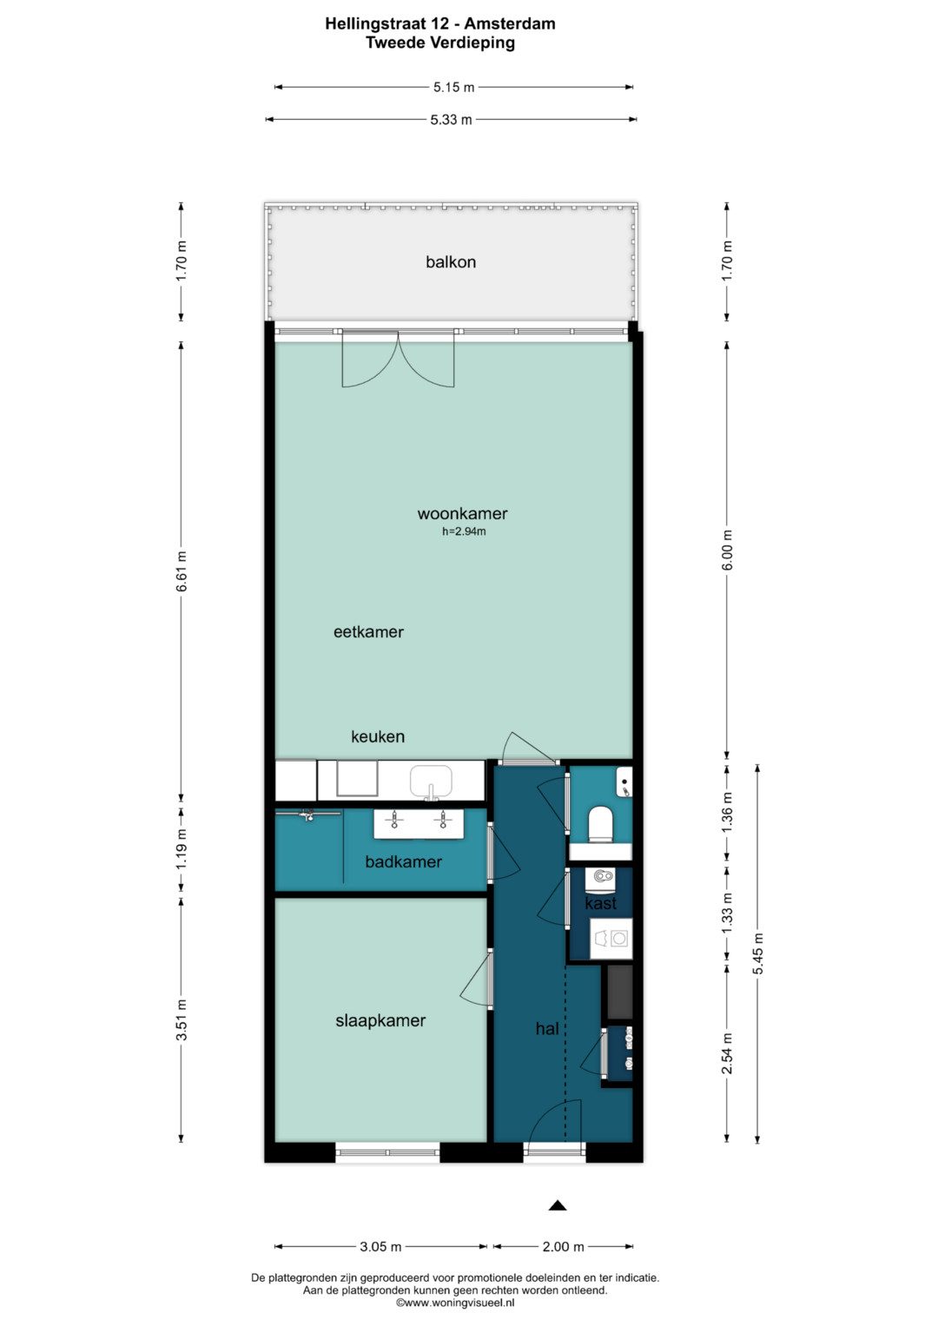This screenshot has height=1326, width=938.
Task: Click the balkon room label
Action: (x=451, y=261)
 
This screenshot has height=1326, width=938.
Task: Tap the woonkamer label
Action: (x=462, y=513)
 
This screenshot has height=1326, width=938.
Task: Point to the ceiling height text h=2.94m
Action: (x=464, y=531)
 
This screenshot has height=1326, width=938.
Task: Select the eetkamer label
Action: (x=368, y=631)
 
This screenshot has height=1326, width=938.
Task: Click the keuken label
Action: (x=378, y=736)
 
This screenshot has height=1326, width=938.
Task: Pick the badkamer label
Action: (x=403, y=861)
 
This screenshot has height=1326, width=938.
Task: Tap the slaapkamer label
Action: (x=380, y=1020)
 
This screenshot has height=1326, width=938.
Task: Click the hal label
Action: (x=547, y=1029)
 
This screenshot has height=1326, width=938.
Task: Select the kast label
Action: (x=600, y=903)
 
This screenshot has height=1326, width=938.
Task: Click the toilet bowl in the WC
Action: (x=600, y=823)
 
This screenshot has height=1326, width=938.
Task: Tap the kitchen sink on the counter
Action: (x=431, y=782)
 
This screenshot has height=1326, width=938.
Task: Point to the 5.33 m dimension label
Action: (x=452, y=120)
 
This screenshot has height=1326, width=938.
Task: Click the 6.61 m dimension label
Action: (x=182, y=571)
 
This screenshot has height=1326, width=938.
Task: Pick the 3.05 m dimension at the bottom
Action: (x=380, y=1247)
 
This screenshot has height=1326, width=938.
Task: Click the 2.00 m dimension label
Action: (x=563, y=1247)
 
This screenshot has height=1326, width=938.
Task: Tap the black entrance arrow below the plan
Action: (x=558, y=1206)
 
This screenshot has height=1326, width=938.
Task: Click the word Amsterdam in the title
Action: (x=509, y=23)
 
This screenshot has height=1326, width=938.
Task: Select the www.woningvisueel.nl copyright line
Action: (x=455, y=1303)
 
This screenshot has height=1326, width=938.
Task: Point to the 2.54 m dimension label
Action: (x=728, y=1053)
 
